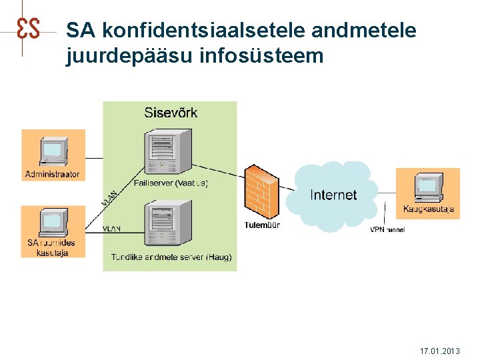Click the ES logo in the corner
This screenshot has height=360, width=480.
click(28, 29)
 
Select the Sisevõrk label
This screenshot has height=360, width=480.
click(171, 112)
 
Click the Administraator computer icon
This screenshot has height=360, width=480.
click(53, 152)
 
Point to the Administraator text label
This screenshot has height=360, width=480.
click(53, 175)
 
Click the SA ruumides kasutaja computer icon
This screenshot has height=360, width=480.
click(53, 222)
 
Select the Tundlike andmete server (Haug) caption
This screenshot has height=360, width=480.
click(171, 257)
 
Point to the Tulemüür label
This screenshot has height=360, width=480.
click(262, 225)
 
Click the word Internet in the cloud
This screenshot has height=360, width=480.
click(333, 195)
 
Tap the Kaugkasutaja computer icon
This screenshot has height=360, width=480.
click(428, 187)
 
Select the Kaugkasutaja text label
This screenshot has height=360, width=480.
click(428, 209)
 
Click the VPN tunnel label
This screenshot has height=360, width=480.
click(387, 230)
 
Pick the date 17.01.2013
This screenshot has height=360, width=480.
click(439, 351)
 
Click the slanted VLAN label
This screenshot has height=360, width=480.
click(110, 199)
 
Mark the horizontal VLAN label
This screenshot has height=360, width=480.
click(112, 229)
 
